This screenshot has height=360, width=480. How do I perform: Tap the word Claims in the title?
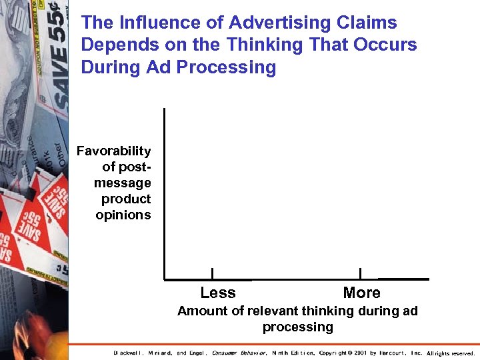click(x=369, y=23)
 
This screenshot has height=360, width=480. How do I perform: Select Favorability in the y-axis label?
click(x=114, y=151)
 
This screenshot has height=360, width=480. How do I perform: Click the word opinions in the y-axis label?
click(x=123, y=215)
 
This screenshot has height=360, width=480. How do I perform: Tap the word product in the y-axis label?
click(x=126, y=199)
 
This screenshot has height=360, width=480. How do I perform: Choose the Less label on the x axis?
click(x=218, y=293)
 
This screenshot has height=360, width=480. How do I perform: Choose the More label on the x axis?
click(x=361, y=293)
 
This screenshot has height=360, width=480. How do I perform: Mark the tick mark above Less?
click(x=212, y=273)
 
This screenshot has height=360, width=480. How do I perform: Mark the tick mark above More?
click(x=360, y=273)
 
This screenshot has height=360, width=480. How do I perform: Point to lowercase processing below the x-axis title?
click(x=297, y=327)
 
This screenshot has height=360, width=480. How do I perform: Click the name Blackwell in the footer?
click(x=128, y=353)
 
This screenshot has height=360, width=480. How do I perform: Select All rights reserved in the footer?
click(x=450, y=353)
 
